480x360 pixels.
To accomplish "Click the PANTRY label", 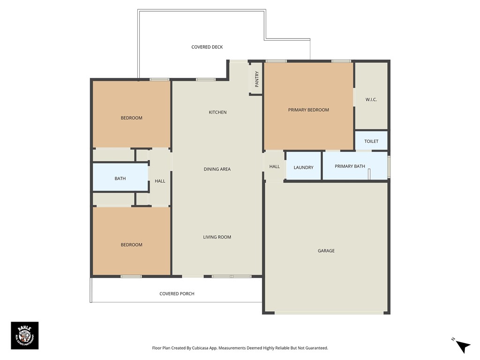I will click(x=256, y=79).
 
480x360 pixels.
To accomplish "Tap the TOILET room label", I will click(x=371, y=141).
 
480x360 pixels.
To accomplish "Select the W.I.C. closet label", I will click(x=371, y=99).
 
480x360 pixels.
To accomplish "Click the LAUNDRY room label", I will click(x=303, y=167).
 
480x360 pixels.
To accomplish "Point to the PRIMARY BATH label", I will click(x=350, y=166).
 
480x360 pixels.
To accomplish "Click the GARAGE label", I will click(x=326, y=251).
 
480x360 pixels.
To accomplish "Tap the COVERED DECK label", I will click(x=207, y=47).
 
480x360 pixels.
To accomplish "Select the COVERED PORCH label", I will click(x=177, y=293).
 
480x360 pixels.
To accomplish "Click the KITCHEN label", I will click(x=217, y=112).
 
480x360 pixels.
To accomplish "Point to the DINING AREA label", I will click(x=217, y=169).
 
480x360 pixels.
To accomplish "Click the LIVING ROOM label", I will click(x=217, y=237).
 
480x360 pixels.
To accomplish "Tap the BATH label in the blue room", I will click(x=120, y=178).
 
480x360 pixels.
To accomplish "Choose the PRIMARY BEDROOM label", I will click(x=308, y=110).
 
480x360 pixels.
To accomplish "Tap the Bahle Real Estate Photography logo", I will click(x=24, y=335).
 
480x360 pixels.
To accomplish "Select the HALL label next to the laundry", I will click(x=275, y=166).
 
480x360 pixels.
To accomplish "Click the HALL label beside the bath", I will click(x=160, y=181).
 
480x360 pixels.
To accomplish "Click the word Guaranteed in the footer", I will click(x=315, y=348).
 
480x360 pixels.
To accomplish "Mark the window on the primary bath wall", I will click(x=389, y=166).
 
